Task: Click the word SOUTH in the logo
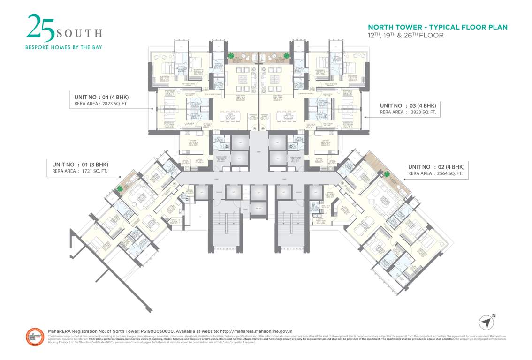pos(79,33)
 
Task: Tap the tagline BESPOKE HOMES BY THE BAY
pos(63,47)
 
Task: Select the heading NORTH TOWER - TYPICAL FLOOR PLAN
pos(437,27)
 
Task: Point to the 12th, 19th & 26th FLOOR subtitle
pos(406,35)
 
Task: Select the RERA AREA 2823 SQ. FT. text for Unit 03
pos(408,112)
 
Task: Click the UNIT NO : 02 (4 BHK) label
pos(436,167)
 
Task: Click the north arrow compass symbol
pos(487,322)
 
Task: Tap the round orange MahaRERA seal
pos(35,337)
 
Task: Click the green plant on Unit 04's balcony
pos(231,56)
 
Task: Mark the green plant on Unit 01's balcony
pos(120,189)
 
